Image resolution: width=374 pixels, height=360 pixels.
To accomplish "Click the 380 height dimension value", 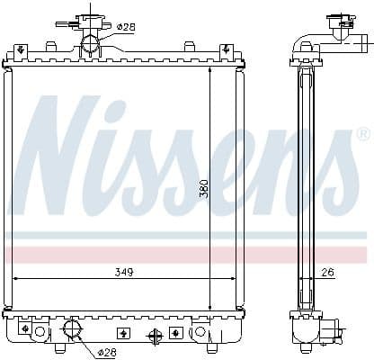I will coord(203,187).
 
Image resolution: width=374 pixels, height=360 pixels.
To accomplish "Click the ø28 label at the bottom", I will coord(107,352).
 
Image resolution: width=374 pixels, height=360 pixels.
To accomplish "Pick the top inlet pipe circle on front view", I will coord(90,44).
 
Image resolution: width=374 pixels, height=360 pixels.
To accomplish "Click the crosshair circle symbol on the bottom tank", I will coord(155,337).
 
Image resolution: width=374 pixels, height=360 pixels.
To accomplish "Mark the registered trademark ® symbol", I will coord(361,135).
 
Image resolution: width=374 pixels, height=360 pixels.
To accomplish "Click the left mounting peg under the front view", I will coord(59,347).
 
